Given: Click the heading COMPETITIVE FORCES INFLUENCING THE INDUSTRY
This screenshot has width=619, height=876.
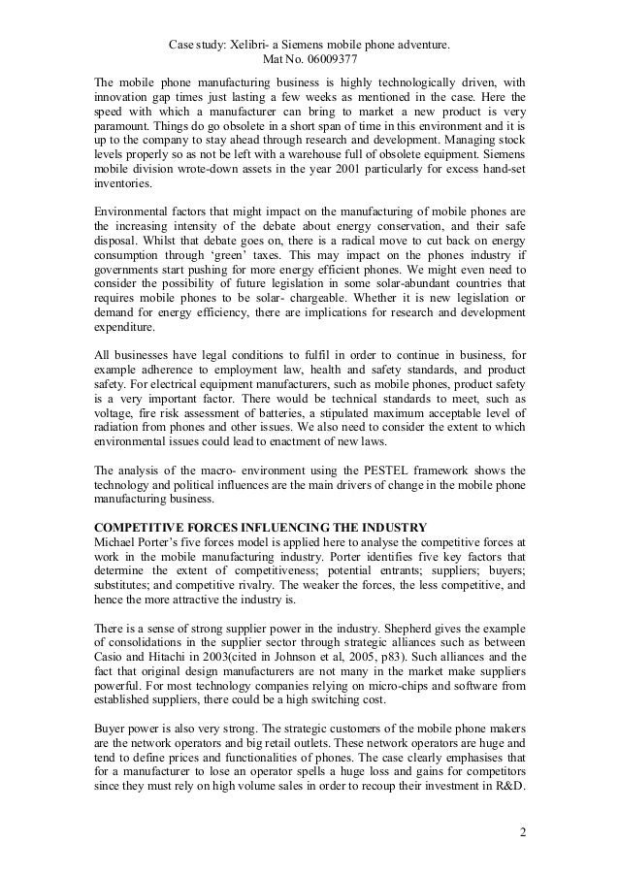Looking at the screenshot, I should (x=259, y=527).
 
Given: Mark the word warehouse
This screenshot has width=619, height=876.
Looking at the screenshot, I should (x=327, y=167).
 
